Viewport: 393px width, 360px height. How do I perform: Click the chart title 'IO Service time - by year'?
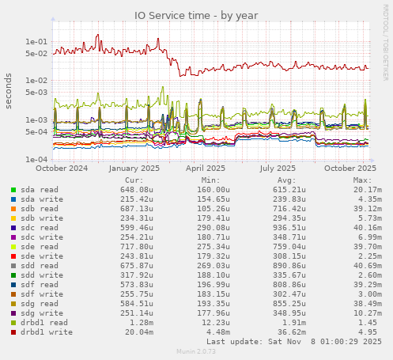(196, 15)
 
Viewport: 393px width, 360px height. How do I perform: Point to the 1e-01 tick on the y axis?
(36, 42)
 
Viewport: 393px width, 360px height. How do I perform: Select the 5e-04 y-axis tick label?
(36, 132)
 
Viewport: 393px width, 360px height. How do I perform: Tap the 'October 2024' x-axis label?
(62, 168)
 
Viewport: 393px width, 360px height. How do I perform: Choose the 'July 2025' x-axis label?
(278, 168)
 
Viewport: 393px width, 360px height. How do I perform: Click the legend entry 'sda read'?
(39, 190)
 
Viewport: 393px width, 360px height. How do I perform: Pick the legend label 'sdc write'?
(40, 237)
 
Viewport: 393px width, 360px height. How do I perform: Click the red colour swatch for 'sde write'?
(13, 256)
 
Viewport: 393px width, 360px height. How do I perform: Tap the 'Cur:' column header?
(144, 180)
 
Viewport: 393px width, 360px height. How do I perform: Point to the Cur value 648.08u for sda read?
(137, 190)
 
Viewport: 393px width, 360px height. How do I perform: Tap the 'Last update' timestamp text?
(293, 343)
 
